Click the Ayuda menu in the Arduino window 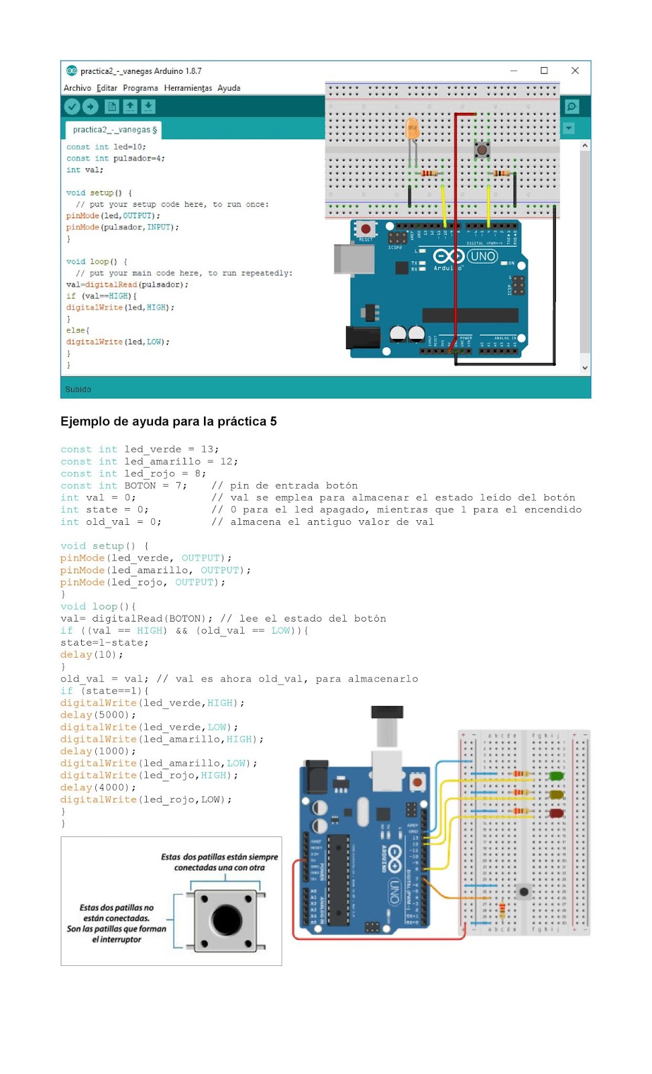click(x=229, y=88)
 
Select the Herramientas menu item click(x=188, y=88)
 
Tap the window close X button click(x=575, y=70)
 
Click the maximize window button click(x=544, y=70)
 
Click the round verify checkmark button click(x=72, y=106)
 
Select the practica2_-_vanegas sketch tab click(x=114, y=130)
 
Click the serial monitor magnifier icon click(x=572, y=106)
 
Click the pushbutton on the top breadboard click(x=482, y=149)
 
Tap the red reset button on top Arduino click(x=366, y=229)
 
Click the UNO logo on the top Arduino click(x=482, y=256)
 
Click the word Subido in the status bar click(x=78, y=389)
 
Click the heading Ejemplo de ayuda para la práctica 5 click(x=168, y=422)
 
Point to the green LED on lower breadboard click(x=556, y=776)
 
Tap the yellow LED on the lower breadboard click(x=556, y=795)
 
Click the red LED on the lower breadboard click(x=556, y=813)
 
